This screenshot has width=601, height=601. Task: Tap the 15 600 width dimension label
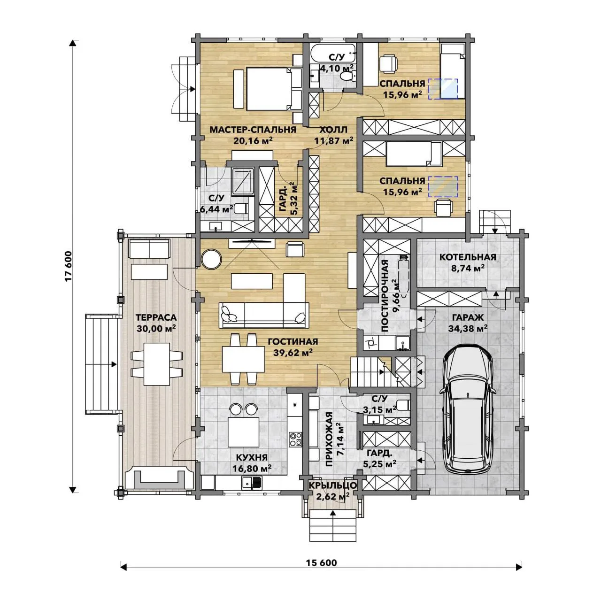click(321, 562)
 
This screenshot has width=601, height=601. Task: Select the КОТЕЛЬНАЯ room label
click(468, 257)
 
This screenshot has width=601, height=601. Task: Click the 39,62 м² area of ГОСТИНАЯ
click(293, 353)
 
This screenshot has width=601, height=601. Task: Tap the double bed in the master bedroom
click(274, 89)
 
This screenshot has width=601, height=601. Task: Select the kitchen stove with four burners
click(295, 439)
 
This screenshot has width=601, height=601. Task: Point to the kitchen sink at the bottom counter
click(252, 483)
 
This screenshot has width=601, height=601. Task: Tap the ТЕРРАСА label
click(156, 317)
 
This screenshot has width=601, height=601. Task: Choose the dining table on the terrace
click(156, 364)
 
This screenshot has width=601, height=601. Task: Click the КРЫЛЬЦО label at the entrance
click(333, 485)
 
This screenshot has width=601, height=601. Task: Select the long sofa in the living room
click(264, 315)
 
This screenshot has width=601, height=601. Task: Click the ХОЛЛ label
click(333, 130)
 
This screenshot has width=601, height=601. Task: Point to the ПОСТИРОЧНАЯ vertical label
click(385, 295)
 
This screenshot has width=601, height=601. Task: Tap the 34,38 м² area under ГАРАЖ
click(468, 328)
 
